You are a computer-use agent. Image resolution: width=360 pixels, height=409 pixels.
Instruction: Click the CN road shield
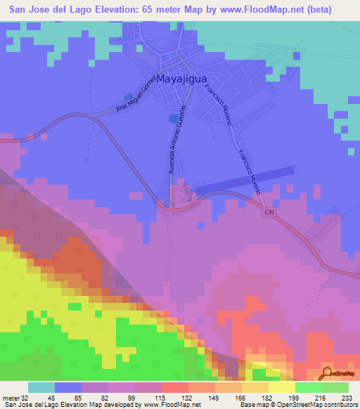[268, 212]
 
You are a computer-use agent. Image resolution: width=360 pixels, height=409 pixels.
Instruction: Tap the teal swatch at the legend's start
[41, 387]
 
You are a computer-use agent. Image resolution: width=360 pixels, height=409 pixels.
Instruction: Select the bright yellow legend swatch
[282, 387]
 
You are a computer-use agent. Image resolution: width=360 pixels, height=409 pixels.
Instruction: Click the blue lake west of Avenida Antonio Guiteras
[174, 118]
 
